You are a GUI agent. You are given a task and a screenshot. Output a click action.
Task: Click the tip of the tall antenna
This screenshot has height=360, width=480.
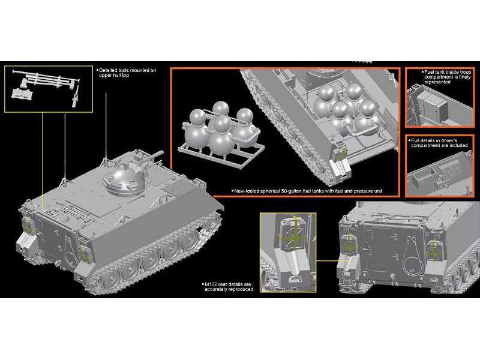pyautogui.click(x=106, y=93)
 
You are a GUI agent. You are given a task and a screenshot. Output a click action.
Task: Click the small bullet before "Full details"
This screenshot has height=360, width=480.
pyautogui.click(x=409, y=140)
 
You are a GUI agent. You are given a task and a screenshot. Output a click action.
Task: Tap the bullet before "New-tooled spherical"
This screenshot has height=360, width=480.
pyautogui.click(x=232, y=191)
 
